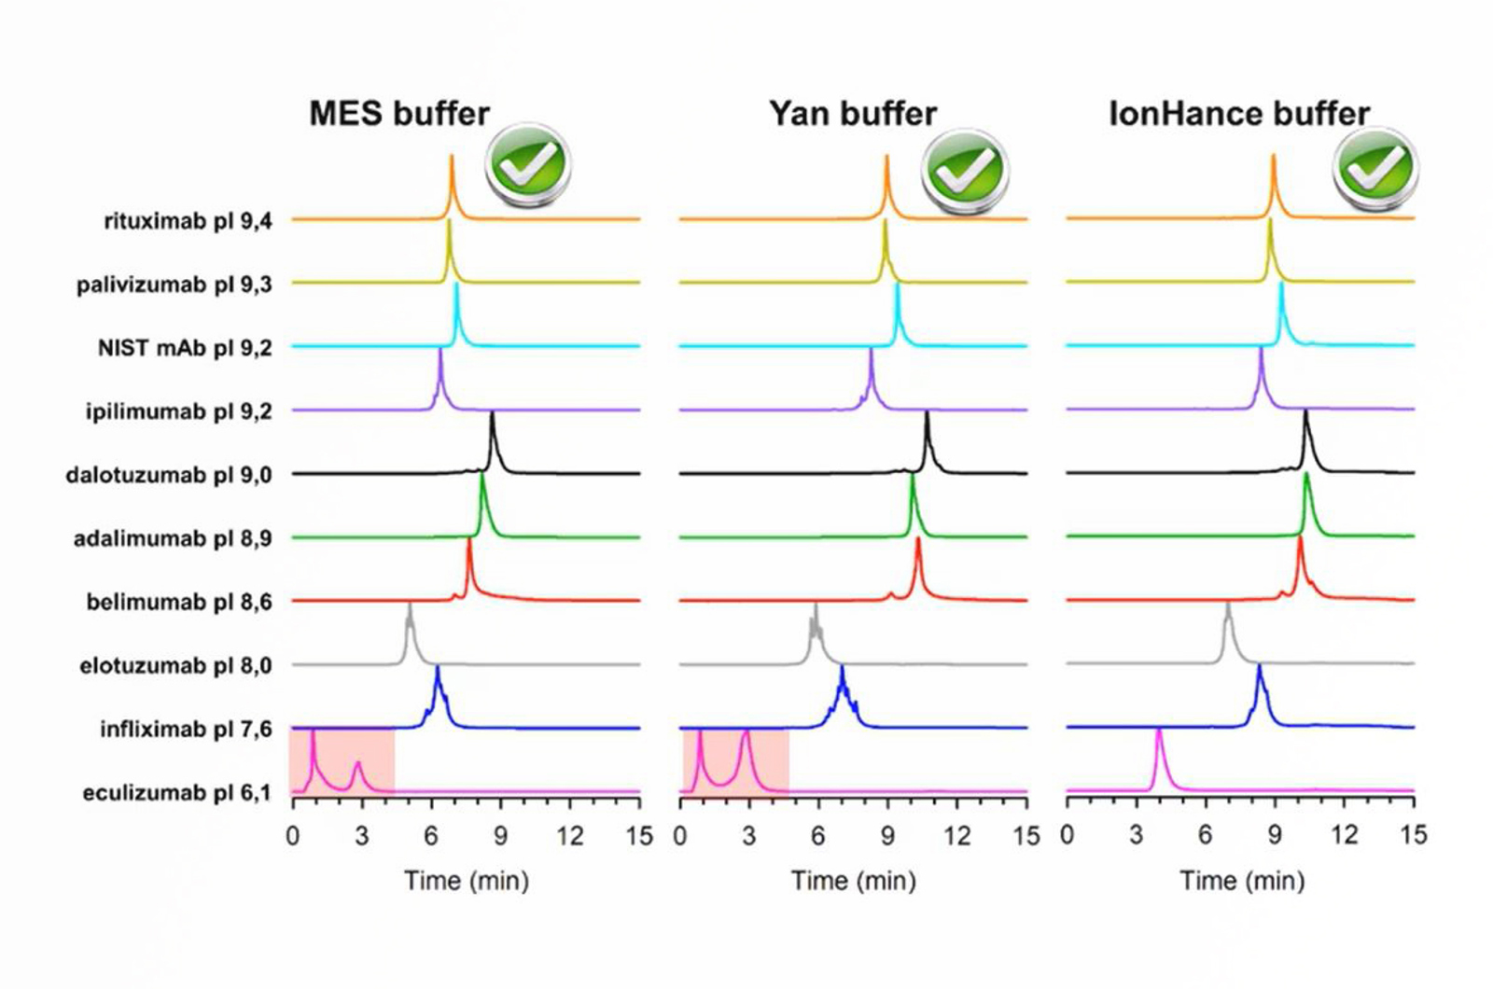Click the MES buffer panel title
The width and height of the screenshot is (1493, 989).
click(x=399, y=114)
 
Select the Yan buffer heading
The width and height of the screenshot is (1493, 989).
click(x=853, y=114)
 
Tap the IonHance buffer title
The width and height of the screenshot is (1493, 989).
click(x=1238, y=114)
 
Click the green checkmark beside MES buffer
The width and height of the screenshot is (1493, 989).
click(x=527, y=165)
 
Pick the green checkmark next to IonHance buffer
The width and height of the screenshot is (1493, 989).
click(x=1374, y=168)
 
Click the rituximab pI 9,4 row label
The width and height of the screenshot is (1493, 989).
click(x=188, y=221)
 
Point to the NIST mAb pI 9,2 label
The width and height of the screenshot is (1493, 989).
click(x=185, y=348)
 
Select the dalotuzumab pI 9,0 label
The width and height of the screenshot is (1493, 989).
click(x=169, y=475)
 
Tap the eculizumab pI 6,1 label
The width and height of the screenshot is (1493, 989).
click(x=177, y=793)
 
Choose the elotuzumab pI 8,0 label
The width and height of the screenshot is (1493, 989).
click(x=176, y=665)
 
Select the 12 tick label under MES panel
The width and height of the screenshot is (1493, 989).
click(x=570, y=835)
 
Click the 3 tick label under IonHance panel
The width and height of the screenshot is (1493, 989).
click(x=1136, y=835)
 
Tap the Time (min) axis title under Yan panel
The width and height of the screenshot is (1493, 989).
click(x=853, y=880)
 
